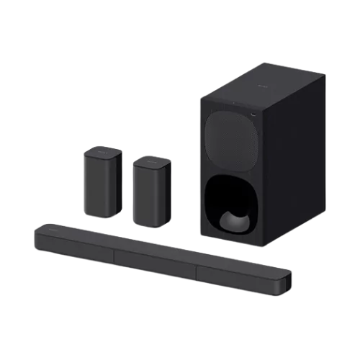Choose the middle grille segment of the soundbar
click(x=156, y=257)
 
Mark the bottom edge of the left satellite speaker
click(x=102, y=217)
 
